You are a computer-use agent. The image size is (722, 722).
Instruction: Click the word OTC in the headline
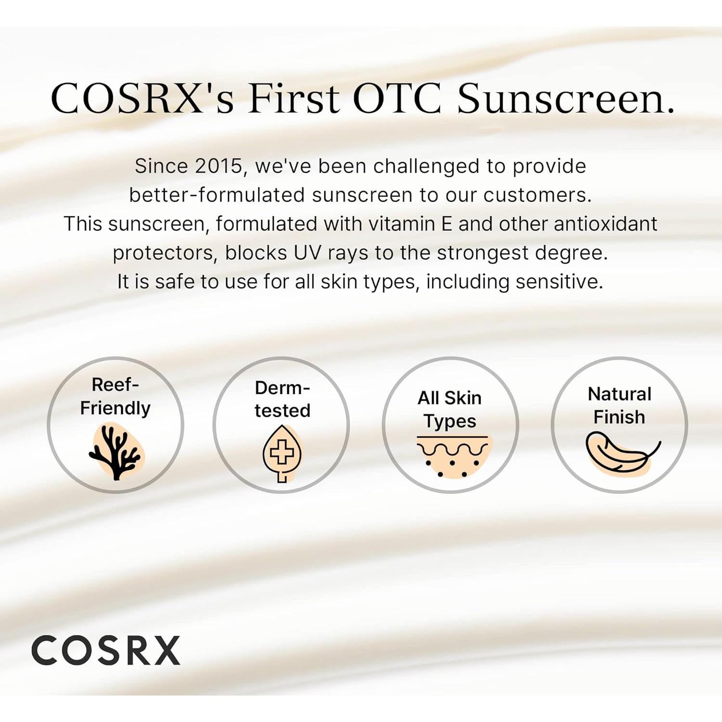click(x=397, y=99)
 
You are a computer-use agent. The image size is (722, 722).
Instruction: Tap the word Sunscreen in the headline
click(x=565, y=99)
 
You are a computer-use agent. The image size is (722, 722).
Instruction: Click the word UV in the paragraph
click(x=307, y=253)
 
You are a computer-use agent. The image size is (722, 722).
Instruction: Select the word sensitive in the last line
click(x=557, y=282)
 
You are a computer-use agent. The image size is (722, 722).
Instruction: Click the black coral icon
click(x=116, y=452)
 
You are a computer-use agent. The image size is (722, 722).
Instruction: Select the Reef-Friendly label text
click(x=116, y=396)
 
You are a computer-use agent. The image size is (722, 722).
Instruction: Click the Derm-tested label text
click(x=283, y=399)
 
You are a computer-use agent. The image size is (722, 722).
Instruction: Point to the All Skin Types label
click(x=450, y=409)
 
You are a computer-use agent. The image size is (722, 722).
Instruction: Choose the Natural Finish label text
click(x=619, y=405)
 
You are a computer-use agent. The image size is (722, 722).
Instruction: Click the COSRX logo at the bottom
click(x=105, y=650)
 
